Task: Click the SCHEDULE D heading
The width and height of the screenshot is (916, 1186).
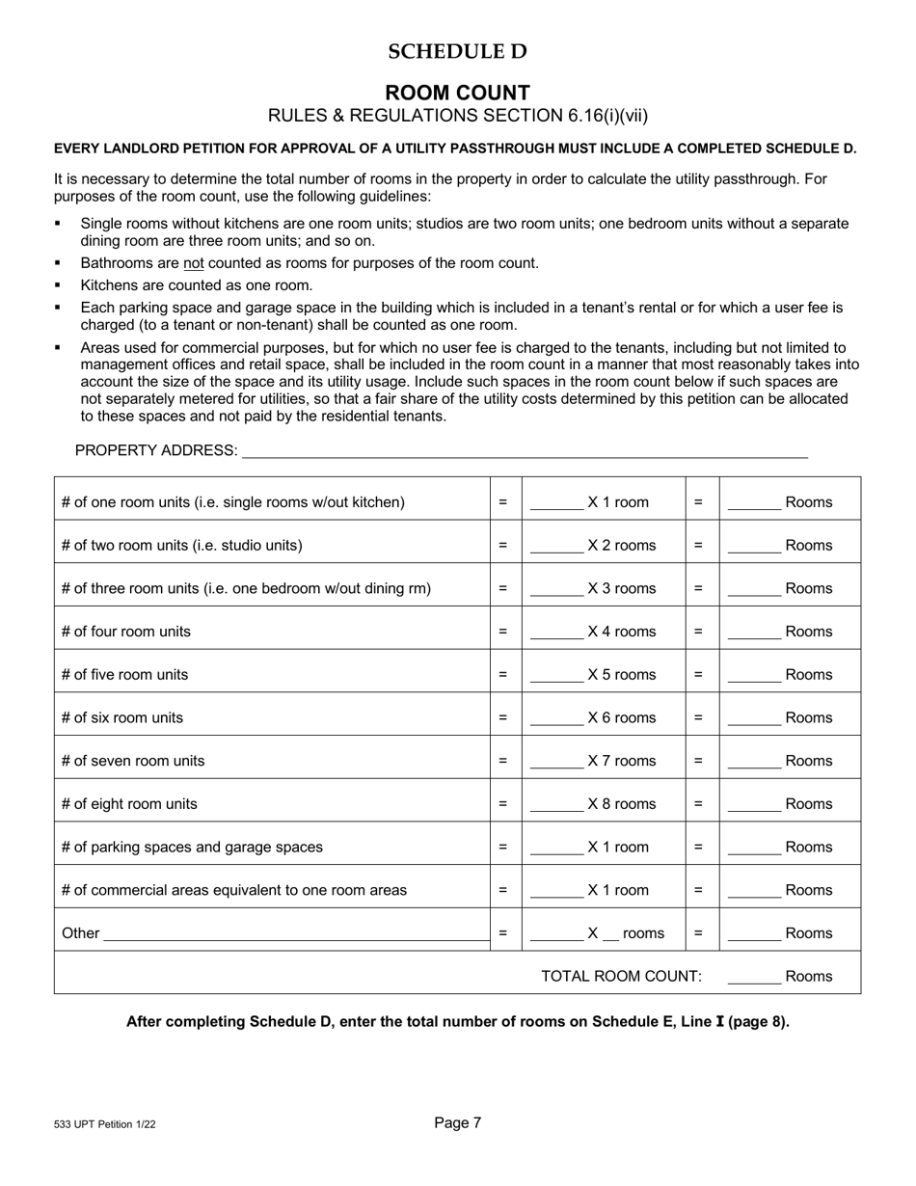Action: click(x=457, y=52)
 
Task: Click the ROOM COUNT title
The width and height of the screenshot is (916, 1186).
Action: click(x=457, y=93)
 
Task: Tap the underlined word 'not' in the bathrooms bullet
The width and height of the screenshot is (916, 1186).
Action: click(x=193, y=263)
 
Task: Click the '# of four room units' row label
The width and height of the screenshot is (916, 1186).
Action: click(x=126, y=632)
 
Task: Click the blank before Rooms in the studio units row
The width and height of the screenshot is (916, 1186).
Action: click(x=754, y=547)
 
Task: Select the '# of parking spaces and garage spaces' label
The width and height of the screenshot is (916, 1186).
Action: click(x=192, y=848)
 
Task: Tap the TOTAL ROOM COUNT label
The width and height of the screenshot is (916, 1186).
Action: click(x=621, y=976)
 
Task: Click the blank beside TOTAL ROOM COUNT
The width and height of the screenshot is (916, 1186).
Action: click(x=754, y=978)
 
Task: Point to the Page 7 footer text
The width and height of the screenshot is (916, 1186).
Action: click(x=457, y=1122)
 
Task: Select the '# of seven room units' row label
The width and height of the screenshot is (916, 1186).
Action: click(x=133, y=761)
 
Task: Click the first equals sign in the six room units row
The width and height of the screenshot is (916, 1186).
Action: click(x=502, y=718)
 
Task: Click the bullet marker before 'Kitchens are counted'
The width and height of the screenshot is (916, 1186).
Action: click(x=59, y=285)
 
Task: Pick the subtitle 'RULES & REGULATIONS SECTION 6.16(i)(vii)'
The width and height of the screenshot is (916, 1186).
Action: click(x=457, y=116)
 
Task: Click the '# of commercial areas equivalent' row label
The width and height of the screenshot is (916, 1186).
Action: click(x=234, y=890)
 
